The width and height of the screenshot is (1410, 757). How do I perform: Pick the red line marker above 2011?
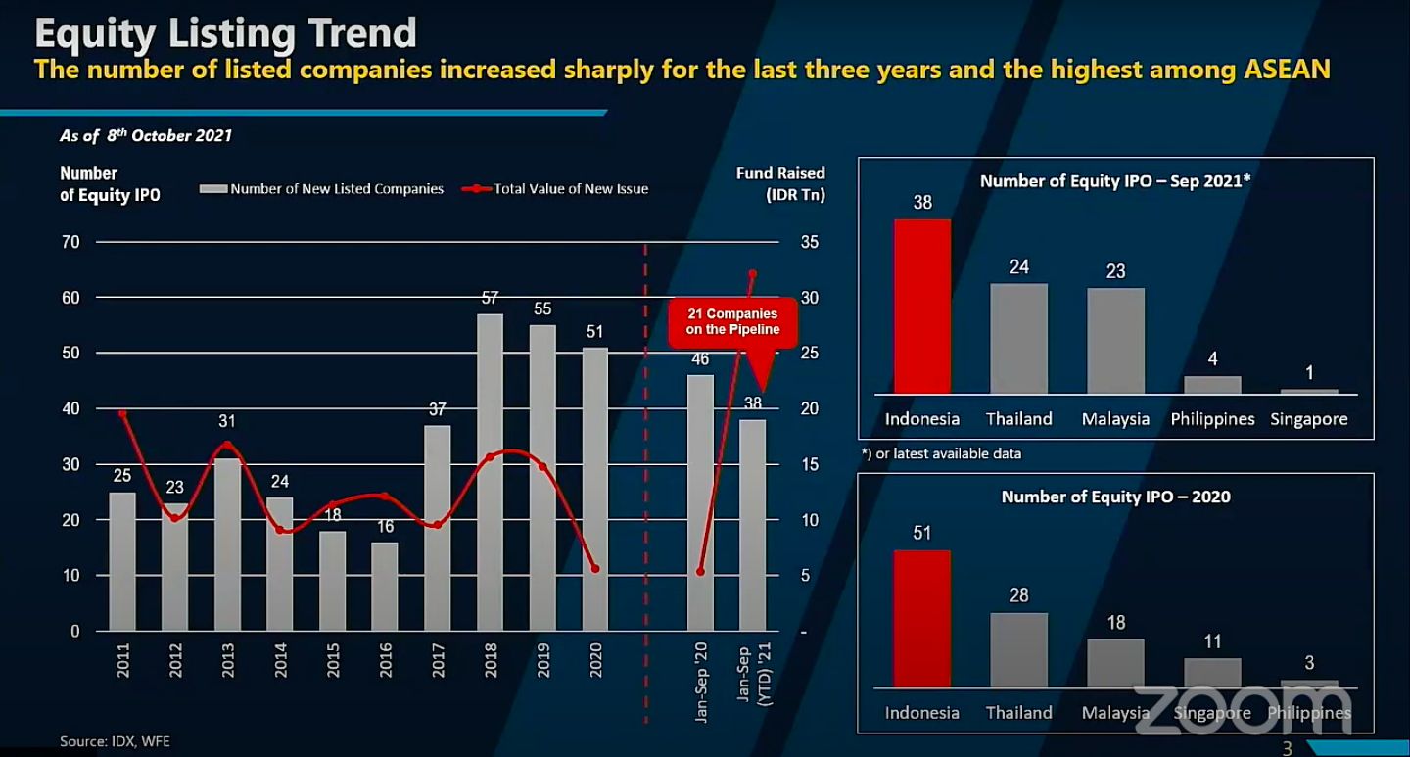(x=122, y=413)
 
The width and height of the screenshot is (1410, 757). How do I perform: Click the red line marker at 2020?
(x=595, y=569)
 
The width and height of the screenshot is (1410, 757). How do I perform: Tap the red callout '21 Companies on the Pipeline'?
(x=732, y=322)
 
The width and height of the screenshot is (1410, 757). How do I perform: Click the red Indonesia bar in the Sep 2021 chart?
(x=921, y=306)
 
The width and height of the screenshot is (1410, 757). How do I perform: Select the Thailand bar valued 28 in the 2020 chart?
(x=1018, y=649)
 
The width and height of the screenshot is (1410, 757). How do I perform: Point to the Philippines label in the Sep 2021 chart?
(x=1212, y=419)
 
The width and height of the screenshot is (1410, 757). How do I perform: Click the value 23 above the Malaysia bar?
(x=1115, y=272)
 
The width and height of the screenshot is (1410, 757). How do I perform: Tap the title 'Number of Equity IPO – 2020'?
(x=1115, y=497)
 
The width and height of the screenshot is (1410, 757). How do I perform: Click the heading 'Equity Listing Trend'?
(x=225, y=33)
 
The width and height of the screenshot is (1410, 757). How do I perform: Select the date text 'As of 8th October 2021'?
(x=146, y=136)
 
